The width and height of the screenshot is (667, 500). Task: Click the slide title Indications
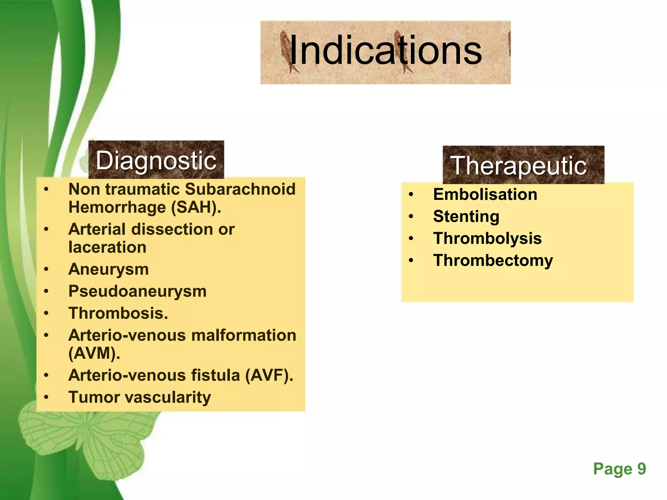pyautogui.click(x=385, y=51)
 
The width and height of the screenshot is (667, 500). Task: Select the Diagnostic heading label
pyautogui.click(x=156, y=161)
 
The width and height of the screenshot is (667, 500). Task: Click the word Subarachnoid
pyautogui.click(x=240, y=189)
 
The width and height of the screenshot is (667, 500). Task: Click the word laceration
pyautogui.click(x=107, y=247)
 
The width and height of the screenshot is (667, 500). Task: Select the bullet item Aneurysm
pyautogui.click(x=108, y=270)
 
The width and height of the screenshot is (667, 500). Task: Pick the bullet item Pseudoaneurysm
pyautogui.click(x=137, y=291)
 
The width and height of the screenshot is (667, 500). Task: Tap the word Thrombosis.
pyautogui.click(x=118, y=313)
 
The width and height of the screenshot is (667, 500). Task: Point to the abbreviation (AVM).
pyautogui.click(x=94, y=354)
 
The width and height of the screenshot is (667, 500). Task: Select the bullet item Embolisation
pyautogui.click(x=485, y=195)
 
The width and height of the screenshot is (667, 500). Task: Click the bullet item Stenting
pyautogui.click(x=466, y=217)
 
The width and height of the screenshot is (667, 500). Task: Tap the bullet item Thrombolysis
pyautogui.click(x=487, y=239)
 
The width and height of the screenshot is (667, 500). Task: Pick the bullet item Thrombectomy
pyautogui.click(x=493, y=261)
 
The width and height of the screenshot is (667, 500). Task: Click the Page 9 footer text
pyautogui.click(x=619, y=469)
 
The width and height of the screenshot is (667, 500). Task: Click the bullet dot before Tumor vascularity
pyautogui.click(x=47, y=397)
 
